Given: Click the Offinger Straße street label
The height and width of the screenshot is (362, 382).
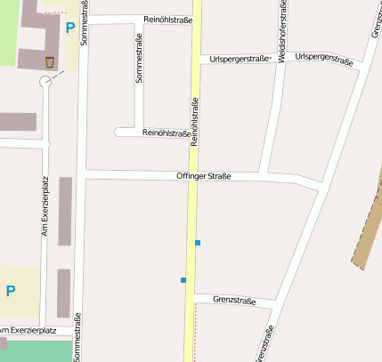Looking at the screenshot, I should [x=204, y=177].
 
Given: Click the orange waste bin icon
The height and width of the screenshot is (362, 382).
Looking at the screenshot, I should [x=48, y=61].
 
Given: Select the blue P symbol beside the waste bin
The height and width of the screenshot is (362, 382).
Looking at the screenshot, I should [x=70, y=28].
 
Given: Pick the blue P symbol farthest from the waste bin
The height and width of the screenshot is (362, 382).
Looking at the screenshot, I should [x=11, y=290].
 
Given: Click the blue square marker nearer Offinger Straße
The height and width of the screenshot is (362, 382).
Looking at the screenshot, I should [x=198, y=243].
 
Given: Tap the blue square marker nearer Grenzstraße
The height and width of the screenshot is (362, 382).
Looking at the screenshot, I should [x=183, y=280].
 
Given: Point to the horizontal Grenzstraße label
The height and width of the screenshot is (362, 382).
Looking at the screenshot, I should [x=234, y=301].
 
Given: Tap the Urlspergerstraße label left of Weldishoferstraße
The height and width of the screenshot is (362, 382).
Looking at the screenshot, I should [x=239, y=60].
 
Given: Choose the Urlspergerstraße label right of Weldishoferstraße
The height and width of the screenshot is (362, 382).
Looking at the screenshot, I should [x=323, y=59].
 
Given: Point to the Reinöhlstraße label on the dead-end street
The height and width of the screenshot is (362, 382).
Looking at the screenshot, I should [x=166, y=133].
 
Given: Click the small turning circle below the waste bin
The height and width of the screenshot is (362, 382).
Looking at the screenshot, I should [x=45, y=82].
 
